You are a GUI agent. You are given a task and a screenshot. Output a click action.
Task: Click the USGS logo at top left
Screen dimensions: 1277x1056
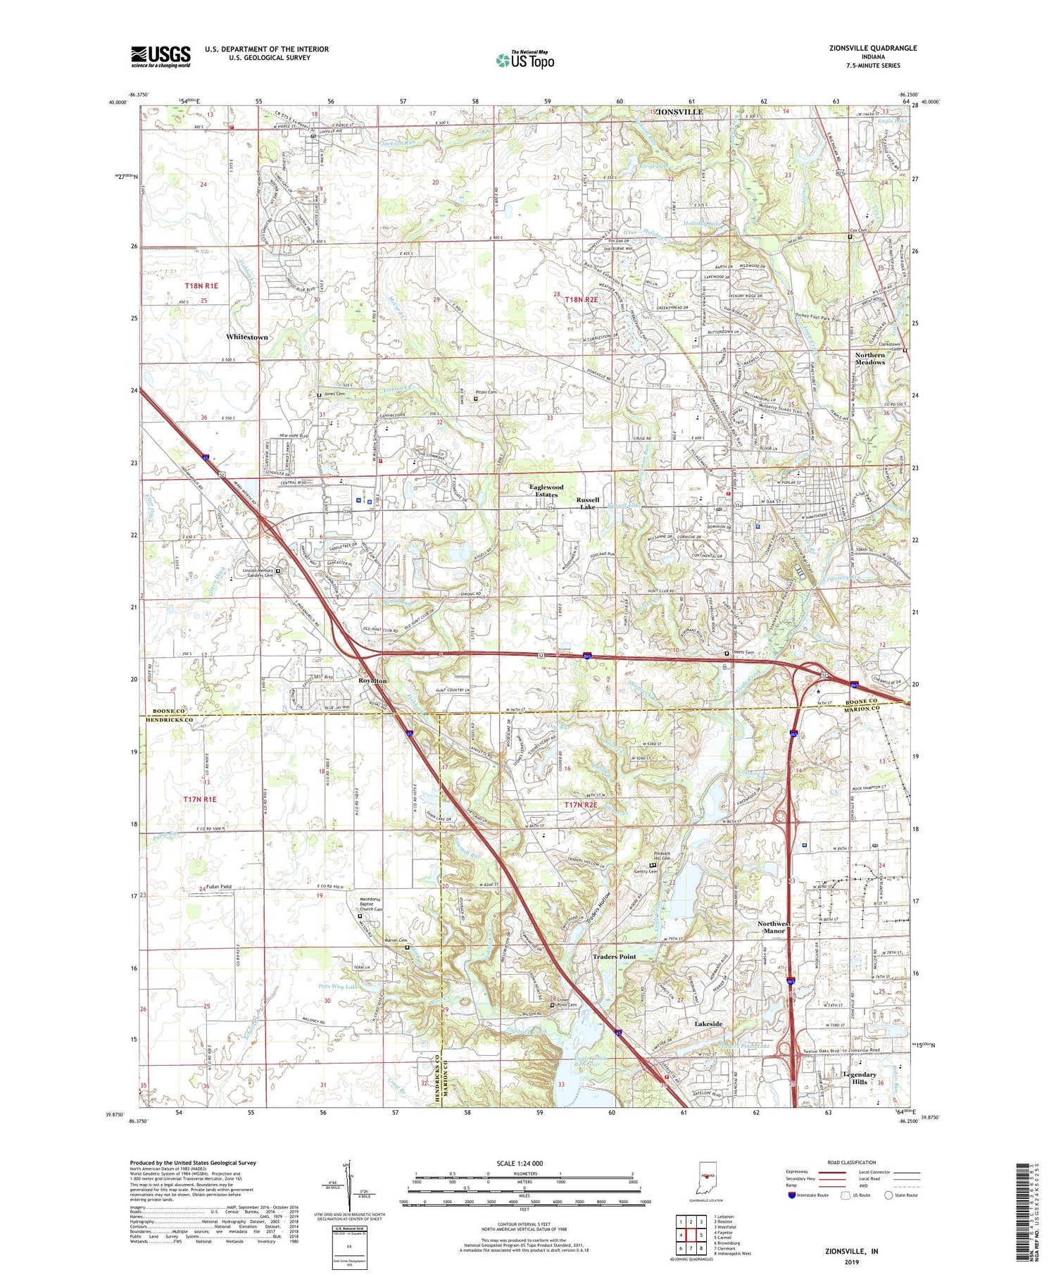(161, 56)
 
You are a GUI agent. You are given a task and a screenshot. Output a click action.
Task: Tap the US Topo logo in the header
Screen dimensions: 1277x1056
(524, 60)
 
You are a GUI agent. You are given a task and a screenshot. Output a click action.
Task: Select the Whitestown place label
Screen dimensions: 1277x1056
(246, 337)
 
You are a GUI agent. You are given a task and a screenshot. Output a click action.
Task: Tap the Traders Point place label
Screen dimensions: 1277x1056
(614, 957)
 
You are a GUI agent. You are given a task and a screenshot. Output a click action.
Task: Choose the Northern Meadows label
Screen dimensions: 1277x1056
(869, 359)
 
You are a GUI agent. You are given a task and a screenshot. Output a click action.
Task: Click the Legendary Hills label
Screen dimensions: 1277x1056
(860, 1078)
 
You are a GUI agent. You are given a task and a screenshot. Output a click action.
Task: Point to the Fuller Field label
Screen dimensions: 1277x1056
(218, 886)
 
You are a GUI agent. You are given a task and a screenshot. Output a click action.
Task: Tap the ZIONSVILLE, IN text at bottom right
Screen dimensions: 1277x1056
(851, 1251)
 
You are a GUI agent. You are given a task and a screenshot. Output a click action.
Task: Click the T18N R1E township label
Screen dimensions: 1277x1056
(201, 286)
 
